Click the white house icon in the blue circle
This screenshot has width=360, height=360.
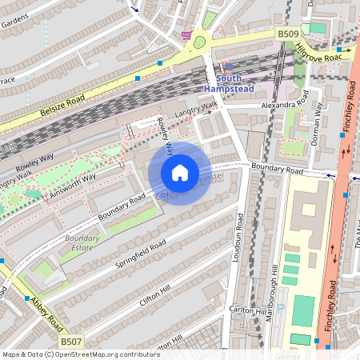(x=180, y=173)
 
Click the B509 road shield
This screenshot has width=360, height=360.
(x=288, y=34)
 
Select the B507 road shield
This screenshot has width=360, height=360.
(x=72, y=341)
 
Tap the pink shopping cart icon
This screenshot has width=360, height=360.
(x=187, y=35)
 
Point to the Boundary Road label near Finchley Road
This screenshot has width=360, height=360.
(x=277, y=170)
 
